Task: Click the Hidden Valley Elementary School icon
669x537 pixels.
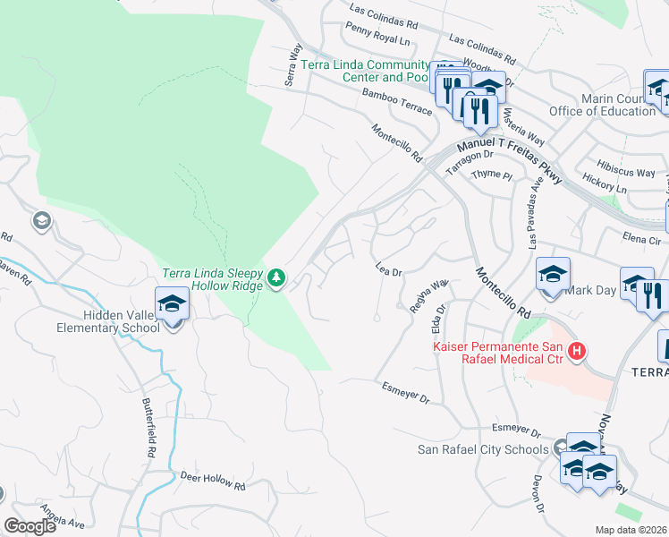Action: coord(171,303)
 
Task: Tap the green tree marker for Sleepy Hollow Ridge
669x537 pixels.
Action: coord(277,278)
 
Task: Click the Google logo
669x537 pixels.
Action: coord(30,526)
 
